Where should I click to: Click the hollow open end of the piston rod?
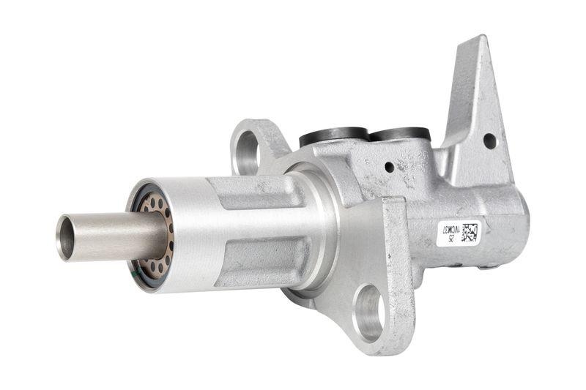pos(66,237)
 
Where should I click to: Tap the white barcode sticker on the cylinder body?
pos(458,234)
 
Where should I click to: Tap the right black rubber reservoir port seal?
pos(398,134)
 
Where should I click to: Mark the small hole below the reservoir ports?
pos(389,167)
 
